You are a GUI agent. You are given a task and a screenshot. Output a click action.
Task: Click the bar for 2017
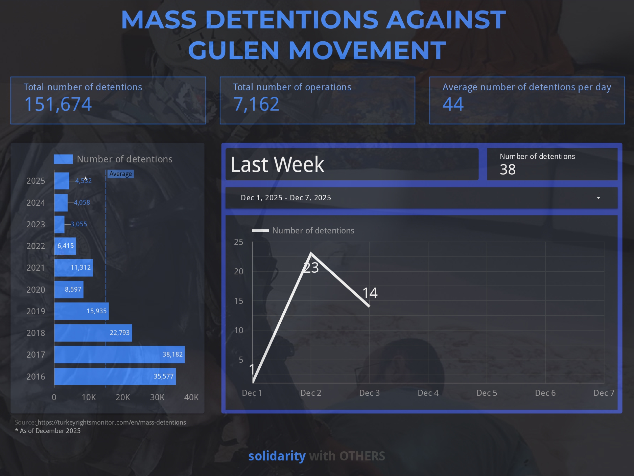[x=119, y=355]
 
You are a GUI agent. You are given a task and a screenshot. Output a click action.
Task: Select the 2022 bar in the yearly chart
[x=65, y=246]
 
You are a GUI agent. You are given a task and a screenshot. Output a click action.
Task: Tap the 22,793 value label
[x=119, y=333]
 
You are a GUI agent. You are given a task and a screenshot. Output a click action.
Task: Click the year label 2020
[x=36, y=290]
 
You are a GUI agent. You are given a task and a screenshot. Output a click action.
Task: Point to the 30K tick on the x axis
[x=157, y=398]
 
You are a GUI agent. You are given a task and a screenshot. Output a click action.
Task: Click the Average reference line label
[x=120, y=174]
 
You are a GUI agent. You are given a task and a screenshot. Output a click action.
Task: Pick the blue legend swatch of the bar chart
[x=63, y=159]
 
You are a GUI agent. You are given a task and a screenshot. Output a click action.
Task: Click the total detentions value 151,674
[x=58, y=104]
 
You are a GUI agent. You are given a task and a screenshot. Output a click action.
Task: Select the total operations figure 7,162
[x=256, y=104]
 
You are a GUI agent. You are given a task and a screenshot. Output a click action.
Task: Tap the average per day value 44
[x=453, y=104]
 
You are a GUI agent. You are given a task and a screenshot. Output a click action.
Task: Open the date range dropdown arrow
[x=598, y=198]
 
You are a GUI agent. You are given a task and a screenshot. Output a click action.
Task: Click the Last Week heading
[x=277, y=165]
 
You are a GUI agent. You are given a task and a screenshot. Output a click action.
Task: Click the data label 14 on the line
[x=370, y=293]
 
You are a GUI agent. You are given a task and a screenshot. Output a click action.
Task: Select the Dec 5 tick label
[x=487, y=393]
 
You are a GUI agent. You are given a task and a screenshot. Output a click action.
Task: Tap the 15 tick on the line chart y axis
[x=239, y=301]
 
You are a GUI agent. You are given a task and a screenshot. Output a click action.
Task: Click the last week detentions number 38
[x=508, y=169]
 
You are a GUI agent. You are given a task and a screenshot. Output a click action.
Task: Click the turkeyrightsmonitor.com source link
[x=112, y=423]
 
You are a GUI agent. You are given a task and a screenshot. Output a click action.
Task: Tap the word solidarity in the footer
[x=277, y=456]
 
